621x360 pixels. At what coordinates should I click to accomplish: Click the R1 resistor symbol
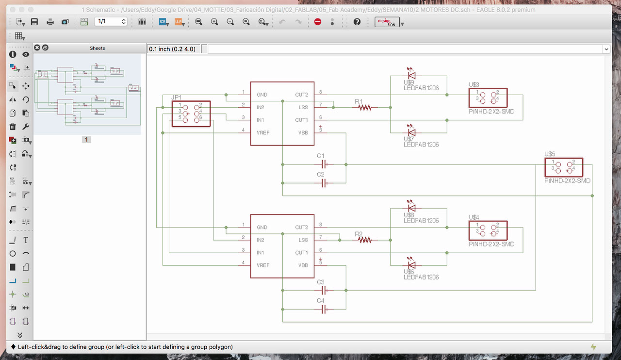click(x=365, y=107)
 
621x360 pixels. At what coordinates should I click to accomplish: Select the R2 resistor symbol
click(x=365, y=240)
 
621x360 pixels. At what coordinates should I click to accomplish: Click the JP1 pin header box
click(x=191, y=114)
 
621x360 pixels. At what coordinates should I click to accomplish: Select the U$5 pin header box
click(x=563, y=167)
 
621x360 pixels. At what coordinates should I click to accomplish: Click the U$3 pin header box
click(x=488, y=98)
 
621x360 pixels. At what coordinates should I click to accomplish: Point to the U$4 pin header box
click(x=488, y=230)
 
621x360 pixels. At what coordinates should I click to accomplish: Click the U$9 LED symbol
click(x=411, y=75)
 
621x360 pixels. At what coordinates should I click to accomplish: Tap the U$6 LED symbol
click(x=411, y=265)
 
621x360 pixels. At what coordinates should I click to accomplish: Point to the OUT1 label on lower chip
click(x=301, y=253)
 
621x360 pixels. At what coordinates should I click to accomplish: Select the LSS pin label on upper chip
click(x=303, y=107)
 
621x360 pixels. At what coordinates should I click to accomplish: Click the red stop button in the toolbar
click(x=318, y=22)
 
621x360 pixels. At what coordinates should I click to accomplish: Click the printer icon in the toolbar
click(x=50, y=22)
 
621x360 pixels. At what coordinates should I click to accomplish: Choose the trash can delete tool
click(x=13, y=127)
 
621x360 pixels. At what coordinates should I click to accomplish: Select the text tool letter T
click(x=26, y=240)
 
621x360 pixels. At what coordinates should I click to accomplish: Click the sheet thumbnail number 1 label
click(x=86, y=140)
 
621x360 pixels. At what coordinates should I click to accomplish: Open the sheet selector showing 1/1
click(x=111, y=21)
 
